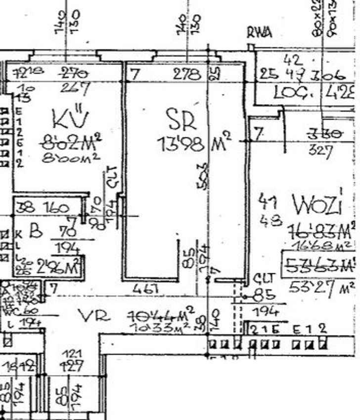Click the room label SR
click(181, 119)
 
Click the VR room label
click(93, 316)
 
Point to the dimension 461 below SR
click(146, 288)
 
